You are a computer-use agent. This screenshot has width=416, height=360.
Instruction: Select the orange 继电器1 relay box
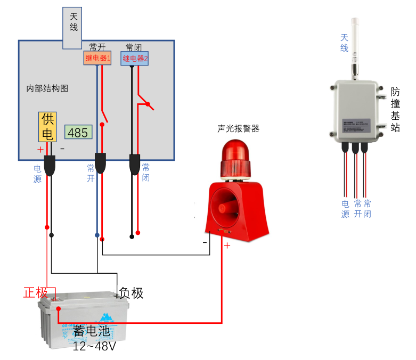(97, 58)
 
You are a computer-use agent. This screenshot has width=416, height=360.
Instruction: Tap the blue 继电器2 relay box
(135, 59)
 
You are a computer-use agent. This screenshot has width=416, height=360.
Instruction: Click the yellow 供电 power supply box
(47, 127)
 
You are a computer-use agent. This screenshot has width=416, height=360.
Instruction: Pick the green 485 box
(78, 132)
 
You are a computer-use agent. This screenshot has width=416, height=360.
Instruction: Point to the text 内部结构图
(47, 88)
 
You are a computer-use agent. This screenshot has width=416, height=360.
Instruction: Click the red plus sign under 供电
(40, 150)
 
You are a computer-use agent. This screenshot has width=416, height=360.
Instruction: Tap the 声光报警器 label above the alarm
(238, 128)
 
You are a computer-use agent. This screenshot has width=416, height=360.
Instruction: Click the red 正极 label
(36, 292)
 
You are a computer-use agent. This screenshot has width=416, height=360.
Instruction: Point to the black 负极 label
(131, 292)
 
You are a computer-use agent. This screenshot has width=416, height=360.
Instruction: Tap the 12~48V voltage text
(94, 346)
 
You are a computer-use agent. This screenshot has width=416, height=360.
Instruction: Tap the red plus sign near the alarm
(227, 246)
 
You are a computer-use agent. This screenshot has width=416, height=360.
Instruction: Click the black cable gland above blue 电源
(50, 165)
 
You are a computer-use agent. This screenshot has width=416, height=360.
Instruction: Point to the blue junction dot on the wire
(97, 235)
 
